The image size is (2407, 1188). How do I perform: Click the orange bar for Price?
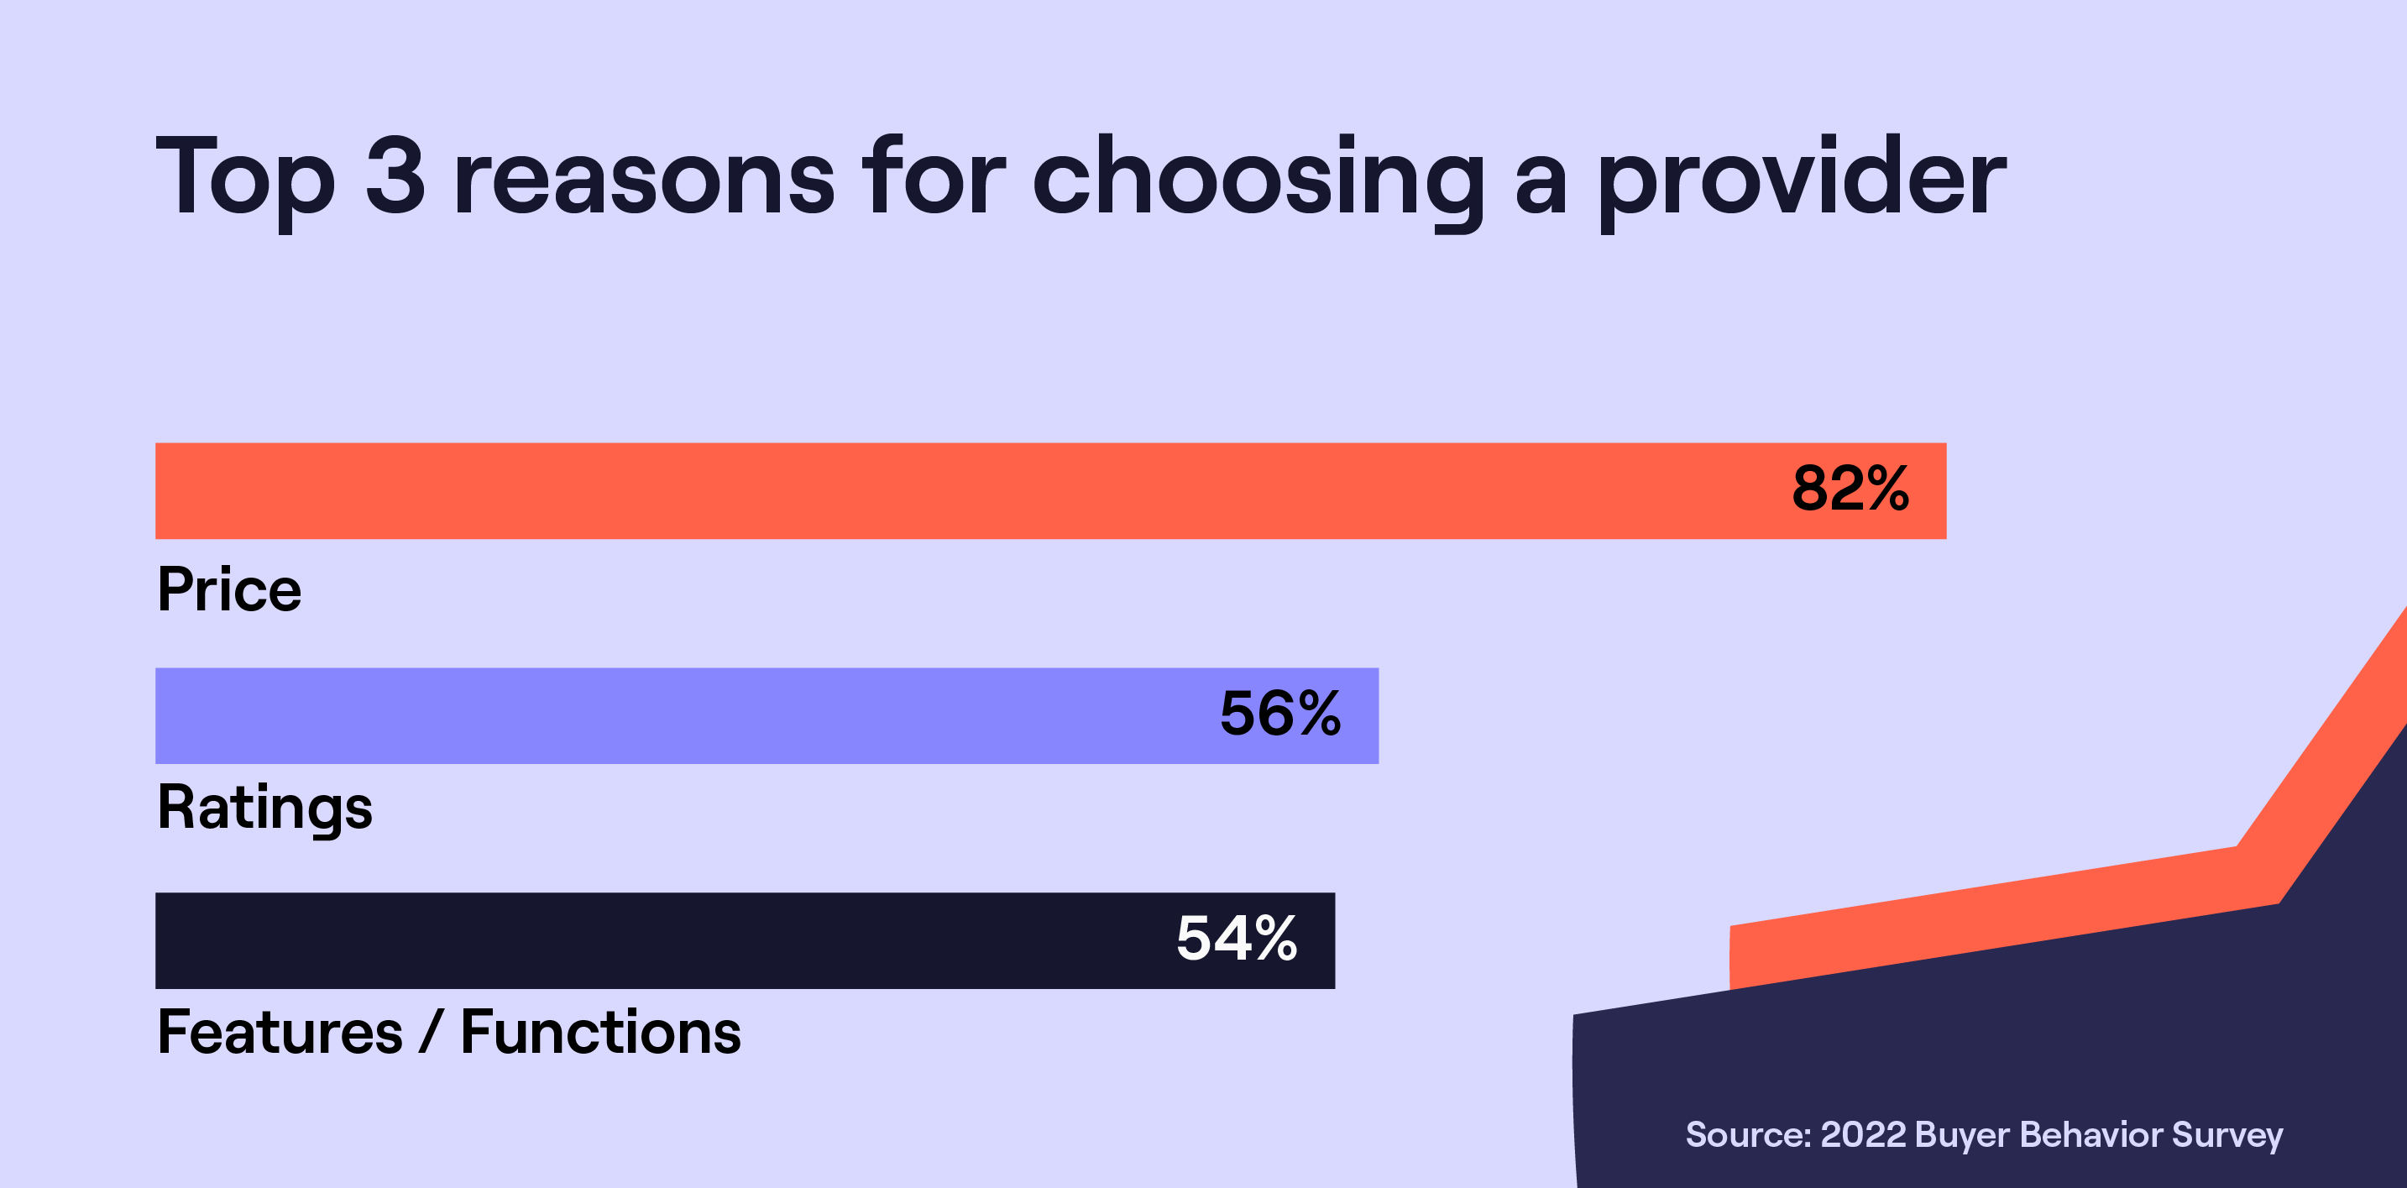click(934, 490)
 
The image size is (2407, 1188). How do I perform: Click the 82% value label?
click(1850, 489)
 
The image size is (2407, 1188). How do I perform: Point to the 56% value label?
click(1280, 714)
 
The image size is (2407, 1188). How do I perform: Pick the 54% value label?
click(1236, 939)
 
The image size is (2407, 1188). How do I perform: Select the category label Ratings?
click(264, 808)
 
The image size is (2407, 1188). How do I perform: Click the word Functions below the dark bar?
click(601, 1033)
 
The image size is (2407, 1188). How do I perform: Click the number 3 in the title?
click(395, 175)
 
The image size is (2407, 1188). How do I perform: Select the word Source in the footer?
click(1746, 1135)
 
